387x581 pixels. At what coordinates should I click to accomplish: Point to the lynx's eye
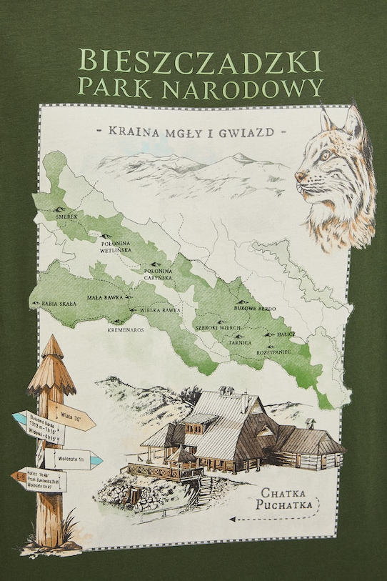(x=326, y=155)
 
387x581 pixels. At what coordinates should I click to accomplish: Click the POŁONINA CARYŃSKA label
(x=158, y=274)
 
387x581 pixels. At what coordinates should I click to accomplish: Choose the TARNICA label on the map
(x=239, y=342)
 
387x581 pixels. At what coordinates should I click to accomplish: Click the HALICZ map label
(x=286, y=334)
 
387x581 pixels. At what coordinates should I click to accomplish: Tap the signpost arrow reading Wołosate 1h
(x=71, y=458)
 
